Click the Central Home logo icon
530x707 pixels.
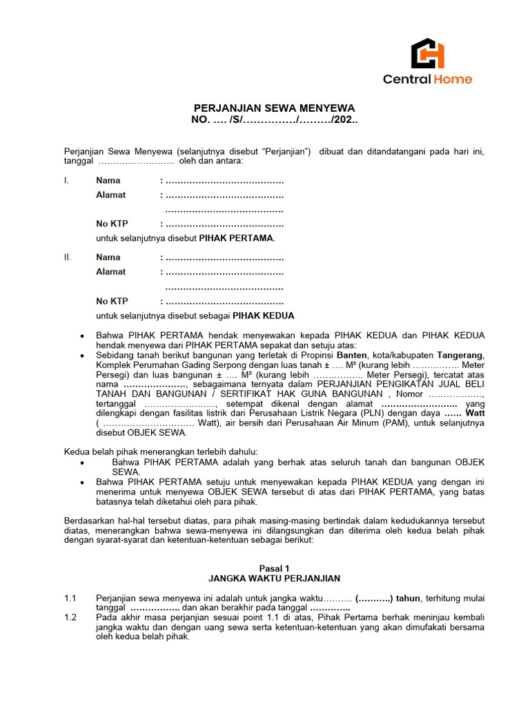428,53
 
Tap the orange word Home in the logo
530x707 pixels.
453,79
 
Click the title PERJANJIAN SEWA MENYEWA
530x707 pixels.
274,108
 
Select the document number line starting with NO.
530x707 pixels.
274,120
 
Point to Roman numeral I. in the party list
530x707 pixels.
66,181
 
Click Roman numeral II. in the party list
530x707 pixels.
68,258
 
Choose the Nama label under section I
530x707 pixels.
108,181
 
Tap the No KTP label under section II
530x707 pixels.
112,301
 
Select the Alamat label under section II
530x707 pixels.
110,272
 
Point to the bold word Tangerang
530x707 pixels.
460,355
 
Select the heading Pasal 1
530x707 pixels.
274,568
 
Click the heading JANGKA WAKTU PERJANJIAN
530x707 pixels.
274,578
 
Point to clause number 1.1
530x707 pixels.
70,597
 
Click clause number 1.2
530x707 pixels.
70,617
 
